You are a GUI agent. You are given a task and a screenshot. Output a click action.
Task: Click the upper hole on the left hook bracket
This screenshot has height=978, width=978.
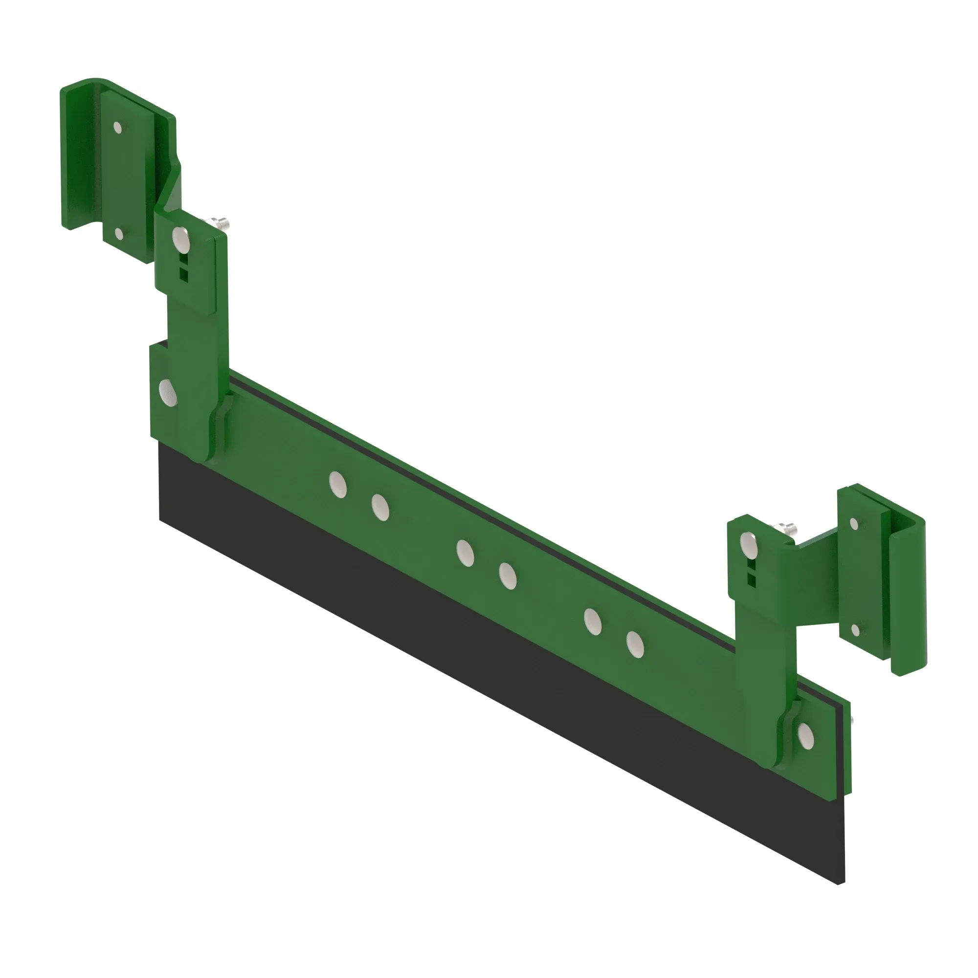click(x=117, y=127)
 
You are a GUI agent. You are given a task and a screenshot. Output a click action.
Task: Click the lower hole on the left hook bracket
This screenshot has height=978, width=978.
click(x=118, y=233)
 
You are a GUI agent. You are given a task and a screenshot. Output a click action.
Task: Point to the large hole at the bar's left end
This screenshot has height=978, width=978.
click(x=168, y=393)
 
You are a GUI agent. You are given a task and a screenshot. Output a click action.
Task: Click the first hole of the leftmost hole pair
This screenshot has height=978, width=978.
click(x=337, y=484)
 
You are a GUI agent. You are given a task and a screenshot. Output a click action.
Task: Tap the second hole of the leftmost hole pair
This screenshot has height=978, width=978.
click(x=380, y=507)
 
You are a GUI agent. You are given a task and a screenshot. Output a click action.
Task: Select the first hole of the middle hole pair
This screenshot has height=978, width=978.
click(x=465, y=553)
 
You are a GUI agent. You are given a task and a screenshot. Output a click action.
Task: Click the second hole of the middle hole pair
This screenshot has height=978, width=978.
click(x=507, y=576)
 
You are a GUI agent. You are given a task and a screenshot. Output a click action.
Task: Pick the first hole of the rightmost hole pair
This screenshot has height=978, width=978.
click(x=592, y=622)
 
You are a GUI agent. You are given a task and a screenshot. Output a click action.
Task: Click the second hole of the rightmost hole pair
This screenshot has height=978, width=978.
click(x=635, y=645)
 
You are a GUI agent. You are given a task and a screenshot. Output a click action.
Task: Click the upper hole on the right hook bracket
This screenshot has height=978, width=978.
click(x=854, y=524)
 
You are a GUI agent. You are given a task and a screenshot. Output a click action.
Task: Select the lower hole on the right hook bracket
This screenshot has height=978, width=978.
click(x=855, y=630)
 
